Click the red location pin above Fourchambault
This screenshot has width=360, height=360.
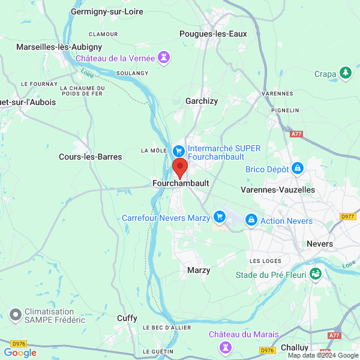point(179,167)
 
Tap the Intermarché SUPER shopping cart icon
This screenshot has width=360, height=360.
point(178,151)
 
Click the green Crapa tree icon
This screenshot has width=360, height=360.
point(345,74)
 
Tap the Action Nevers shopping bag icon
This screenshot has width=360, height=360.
point(251,221)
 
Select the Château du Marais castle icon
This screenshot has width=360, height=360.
point(226,346)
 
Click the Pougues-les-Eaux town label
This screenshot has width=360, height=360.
point(213,34)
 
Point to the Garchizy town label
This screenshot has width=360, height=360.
point(202,101)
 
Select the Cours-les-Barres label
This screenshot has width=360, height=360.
point(90,157)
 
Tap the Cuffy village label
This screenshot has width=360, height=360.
point(127,318)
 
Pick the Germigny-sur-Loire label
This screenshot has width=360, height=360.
point(106,11)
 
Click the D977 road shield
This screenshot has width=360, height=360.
point(347,217)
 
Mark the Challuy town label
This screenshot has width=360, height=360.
point(294,347)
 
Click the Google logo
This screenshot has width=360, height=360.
point(20,352)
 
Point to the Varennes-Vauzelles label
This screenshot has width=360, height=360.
point(277,190)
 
